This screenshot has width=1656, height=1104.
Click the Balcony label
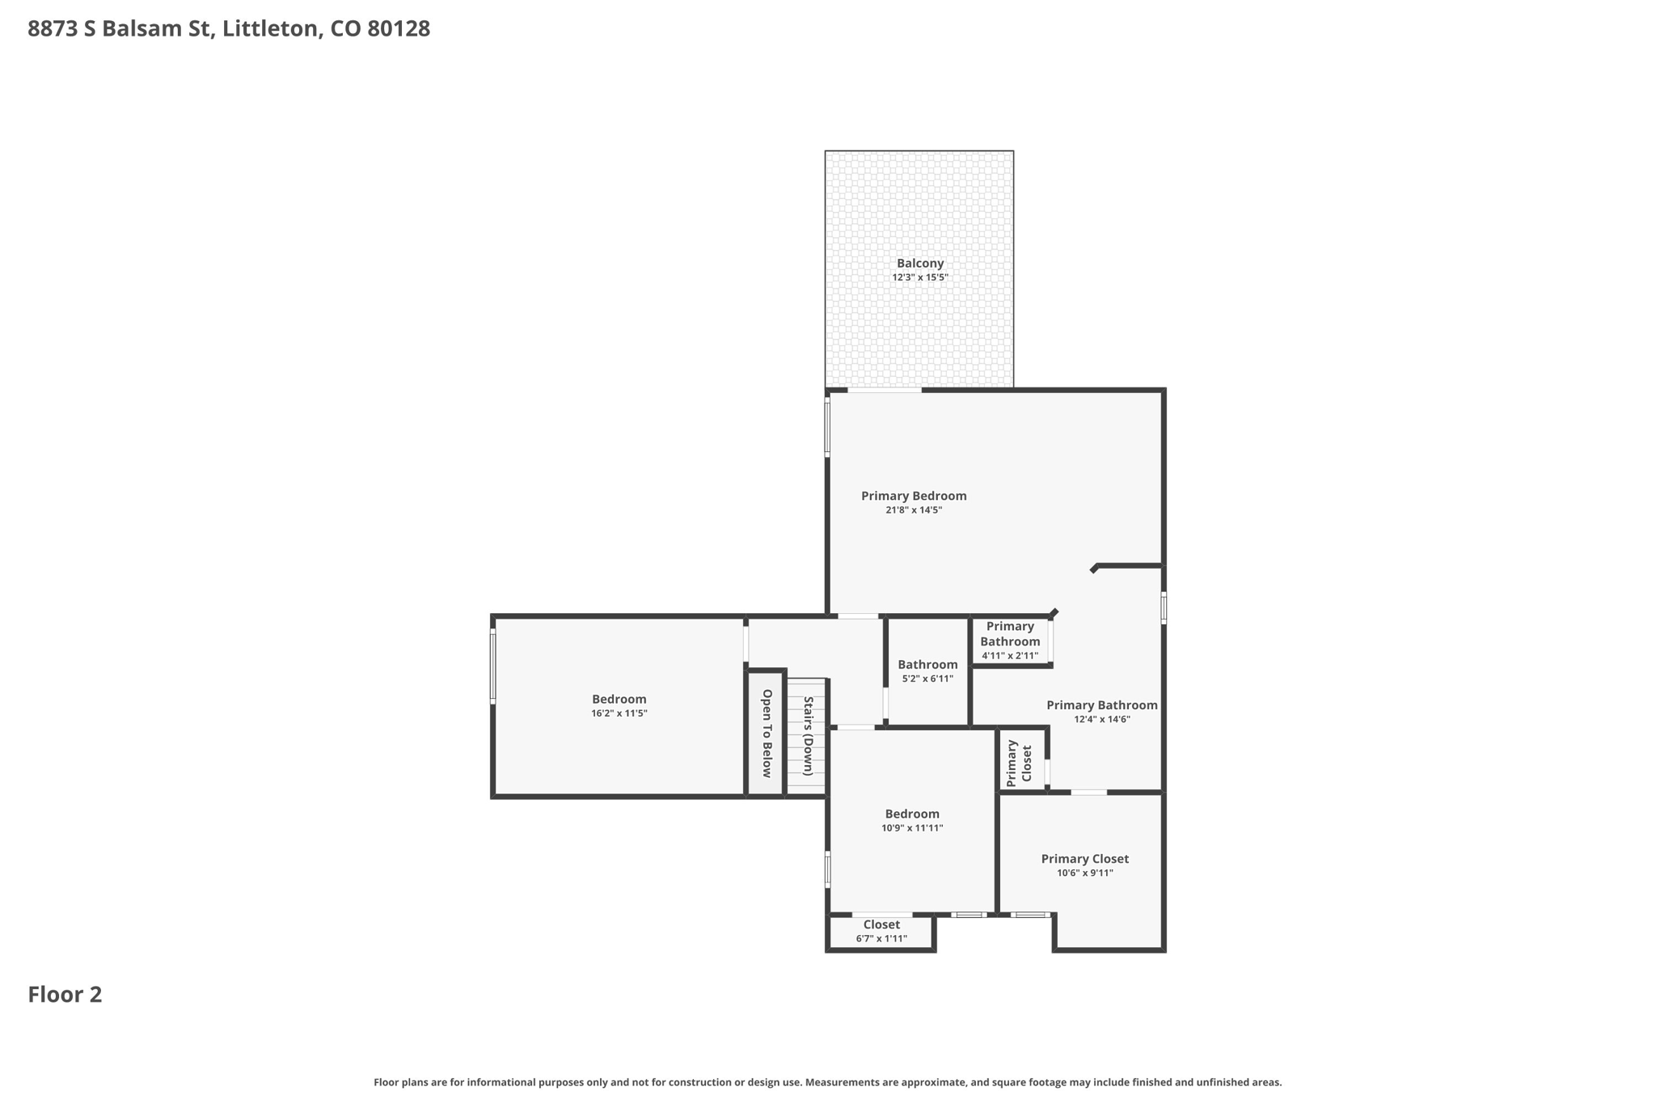click(x=920, y=263)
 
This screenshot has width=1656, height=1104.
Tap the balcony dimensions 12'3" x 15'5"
click(x=920, y=277)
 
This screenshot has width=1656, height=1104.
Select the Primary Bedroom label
click(x=914, y=496)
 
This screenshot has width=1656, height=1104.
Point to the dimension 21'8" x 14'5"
click(x=914, y=510)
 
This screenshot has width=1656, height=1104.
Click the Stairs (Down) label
click(x=808, y=735)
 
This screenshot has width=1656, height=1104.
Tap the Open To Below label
click(x=767, y=733)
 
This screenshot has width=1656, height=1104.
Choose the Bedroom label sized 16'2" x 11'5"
click(x=619, y=699)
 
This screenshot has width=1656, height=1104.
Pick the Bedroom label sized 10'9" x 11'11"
click(x=912, y=814)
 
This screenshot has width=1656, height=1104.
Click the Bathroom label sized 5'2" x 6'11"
click(x=927, y=664)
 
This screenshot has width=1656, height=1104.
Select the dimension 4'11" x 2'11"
click(x=1010, y=656)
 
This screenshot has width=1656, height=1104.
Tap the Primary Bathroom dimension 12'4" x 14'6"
click(x=1102, y=719)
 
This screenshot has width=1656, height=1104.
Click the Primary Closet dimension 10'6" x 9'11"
click(x=1085, y=873)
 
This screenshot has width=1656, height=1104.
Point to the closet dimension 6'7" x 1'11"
click(x=881, y=939)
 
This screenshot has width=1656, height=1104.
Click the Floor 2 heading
click(x=65, y=994)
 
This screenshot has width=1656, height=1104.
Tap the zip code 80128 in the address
click(x=399, y=29)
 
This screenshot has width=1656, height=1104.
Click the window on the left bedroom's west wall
click(x=492, y=666)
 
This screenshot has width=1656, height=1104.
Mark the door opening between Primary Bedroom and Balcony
click(x=884, y=390)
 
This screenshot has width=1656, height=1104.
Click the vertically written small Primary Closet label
click(x=1019, y=762)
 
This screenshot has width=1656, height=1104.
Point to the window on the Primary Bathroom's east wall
click(x=1164, y=607)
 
